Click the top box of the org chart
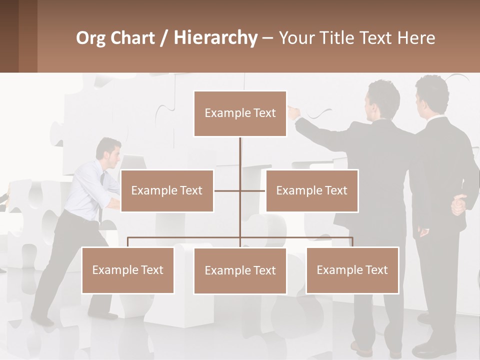(x=240, y=113)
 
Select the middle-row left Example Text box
(x=167, y=190)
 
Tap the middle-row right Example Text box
(x=311, y=190)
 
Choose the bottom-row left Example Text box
(x=128, y=270)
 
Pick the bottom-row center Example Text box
(x=240, y=270)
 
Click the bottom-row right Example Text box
(x=352, y=270)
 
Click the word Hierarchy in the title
(x=215, y=38)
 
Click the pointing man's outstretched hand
(x=294, y=112)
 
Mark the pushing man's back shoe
(x=42, y=321)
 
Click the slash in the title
(x=164, y=38)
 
